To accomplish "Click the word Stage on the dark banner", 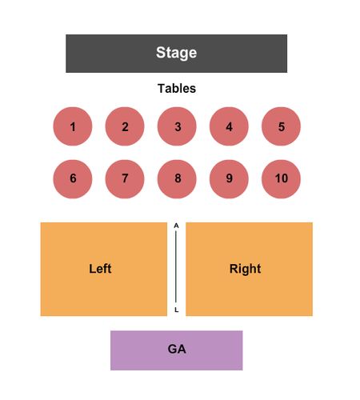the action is pyautogui.click(x=176, y=53).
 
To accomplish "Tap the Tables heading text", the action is pyautogui.click(x=177, y=89).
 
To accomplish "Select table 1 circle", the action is pyautogui.click(x=73, y=126).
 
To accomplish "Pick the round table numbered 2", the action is pyautogui.click(x=125, y=126).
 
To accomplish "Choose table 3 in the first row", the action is pyautogui.click(x=177, y=126).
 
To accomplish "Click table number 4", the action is pyautogui.click(x=229, y=126).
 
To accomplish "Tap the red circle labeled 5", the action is pyautogui.click(x=281, y=126).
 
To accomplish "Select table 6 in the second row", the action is pyautogui.click(x=73, y=179).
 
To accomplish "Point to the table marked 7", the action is pyautogui.click(x=125, y=179).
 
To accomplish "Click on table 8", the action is pyautogui.click(x=177, y=179).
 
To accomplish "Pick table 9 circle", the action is pyautogui.click(x=229, y=179).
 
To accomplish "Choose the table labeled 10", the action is pyautogui.click(x=281, y=179).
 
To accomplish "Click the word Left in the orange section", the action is pyautogui.click(x=100, y=269).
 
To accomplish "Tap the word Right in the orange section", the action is pyautogui.click(x=246, y=269).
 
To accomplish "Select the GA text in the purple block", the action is pyautogui.click(x=177, y=349).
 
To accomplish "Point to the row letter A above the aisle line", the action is pyautogui.click(x=176, y=226).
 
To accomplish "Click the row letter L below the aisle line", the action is pyautogui.click(x=176, y=310).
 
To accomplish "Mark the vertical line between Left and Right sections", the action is pyautogui.click(x=176, y=267).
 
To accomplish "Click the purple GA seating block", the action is pyautogui.click(x=177, y=350).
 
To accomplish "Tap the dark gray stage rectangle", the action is pyautogui.click(x=177, y=54).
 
